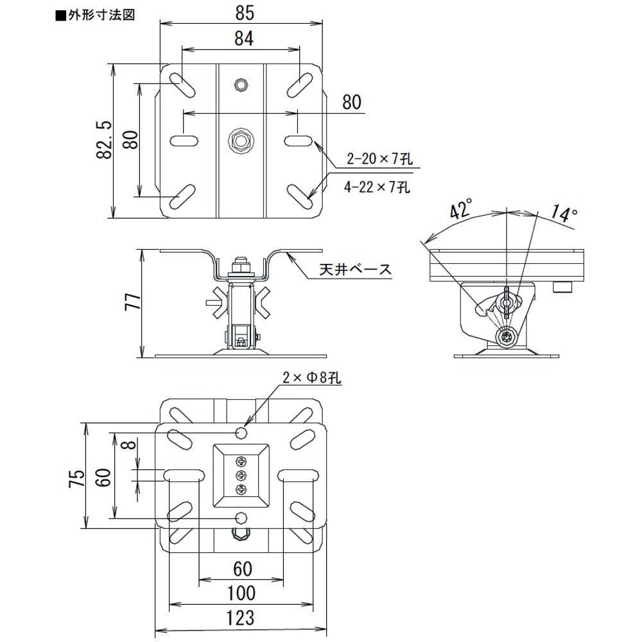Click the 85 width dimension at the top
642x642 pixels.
pos(245,13)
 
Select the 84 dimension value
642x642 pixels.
pos(244,39)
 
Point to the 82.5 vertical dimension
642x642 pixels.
pos(105,139)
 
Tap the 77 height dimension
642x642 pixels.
pos(133,301)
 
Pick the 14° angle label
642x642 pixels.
pos(563,213)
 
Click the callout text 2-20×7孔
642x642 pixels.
pos(379,158)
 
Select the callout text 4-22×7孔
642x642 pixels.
pos(377,187)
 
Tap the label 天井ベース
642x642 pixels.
pos(356,270)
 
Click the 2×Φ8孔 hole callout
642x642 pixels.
pos(311,377)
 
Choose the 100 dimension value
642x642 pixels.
pos(241,593)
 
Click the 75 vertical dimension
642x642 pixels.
pos(77,478)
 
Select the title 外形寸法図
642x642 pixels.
pos(101,15)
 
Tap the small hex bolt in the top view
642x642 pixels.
pos(241,85)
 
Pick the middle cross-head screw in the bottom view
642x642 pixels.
pos(242,475)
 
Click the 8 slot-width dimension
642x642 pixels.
pos(130,444)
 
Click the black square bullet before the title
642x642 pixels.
pos(60,17)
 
